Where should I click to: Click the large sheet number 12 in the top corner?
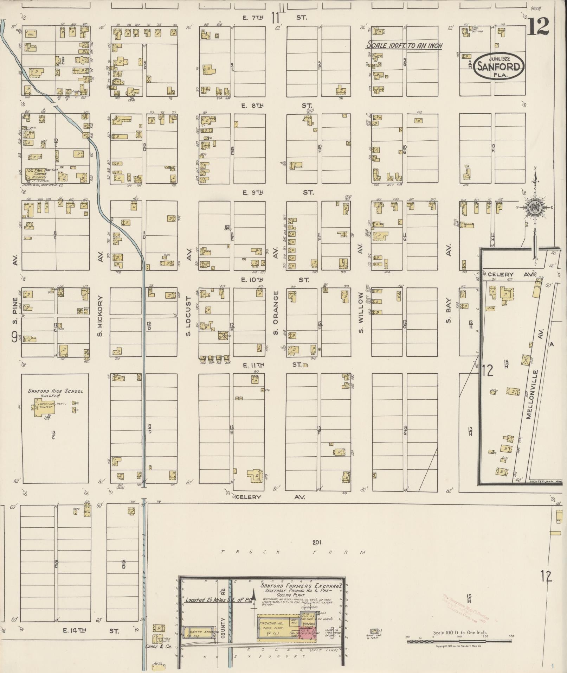coord(538,26)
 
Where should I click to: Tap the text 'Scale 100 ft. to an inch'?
coord(404,45)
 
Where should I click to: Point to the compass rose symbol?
coord(535,208)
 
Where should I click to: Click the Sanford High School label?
coord(56,391)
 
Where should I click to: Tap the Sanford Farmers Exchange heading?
coord(301,586)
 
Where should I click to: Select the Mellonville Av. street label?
coord(534,394)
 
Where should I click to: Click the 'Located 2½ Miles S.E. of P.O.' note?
coord(219,600)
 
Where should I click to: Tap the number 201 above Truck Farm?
coord(317,542)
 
